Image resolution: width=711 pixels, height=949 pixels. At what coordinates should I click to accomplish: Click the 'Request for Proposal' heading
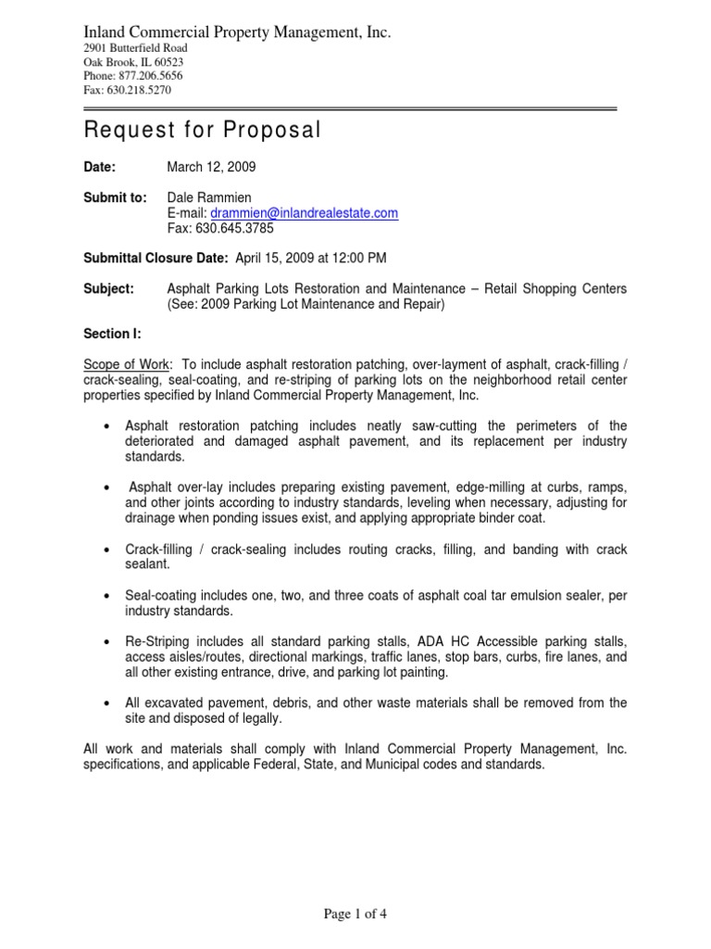tap(202, 131)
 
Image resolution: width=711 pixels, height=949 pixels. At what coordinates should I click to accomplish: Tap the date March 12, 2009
tap(211, 168)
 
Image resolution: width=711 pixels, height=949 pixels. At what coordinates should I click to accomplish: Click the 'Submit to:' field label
tap(116, 198)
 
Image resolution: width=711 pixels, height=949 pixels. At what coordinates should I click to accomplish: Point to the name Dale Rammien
tap(209, 198)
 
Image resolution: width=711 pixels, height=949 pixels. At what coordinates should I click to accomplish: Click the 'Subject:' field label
tap(109, 288)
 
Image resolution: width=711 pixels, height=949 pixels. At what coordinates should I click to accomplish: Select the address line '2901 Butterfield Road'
tap(135, 48)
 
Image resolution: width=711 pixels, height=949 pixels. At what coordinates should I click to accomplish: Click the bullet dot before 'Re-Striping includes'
tap(108, 642)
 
